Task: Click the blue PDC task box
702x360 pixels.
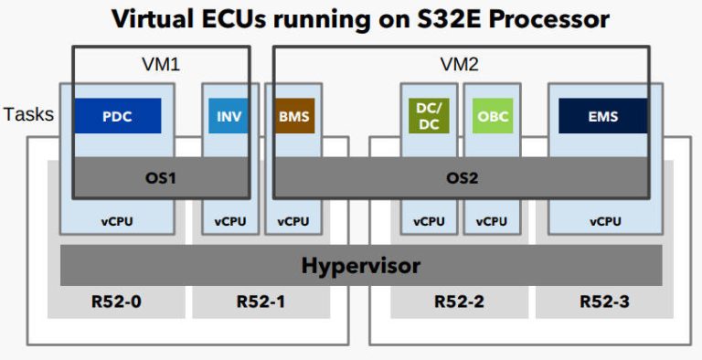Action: (x=117, y=116)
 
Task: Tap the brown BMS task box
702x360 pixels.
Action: (x=293, y=116)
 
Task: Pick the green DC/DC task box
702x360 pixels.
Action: (x=425, y=116)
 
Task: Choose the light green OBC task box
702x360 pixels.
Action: (x=493, y=116)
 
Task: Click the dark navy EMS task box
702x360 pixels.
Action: (x=602, y=116)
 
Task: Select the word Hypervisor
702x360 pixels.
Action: (x=361, y=266)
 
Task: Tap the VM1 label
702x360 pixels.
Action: (x=161, y=65)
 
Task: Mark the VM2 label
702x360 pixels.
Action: (x=461, y=65)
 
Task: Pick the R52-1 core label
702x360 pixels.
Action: (x=261, y=301)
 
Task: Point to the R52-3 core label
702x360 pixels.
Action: (x=603, y=301)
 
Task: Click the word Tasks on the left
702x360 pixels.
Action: (x=28, y=115)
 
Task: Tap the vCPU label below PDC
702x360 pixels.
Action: (x=117, y=221)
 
